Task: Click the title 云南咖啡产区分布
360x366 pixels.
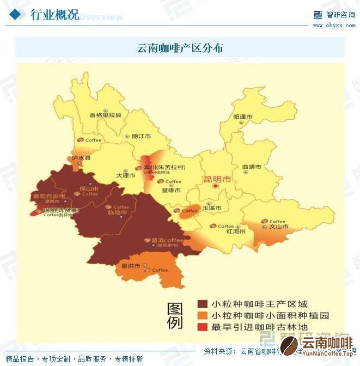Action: coord(180,48)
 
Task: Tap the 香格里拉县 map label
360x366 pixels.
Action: coord(105,115)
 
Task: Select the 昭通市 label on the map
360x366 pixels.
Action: coord(242,117)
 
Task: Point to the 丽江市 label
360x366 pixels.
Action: coord(141,136)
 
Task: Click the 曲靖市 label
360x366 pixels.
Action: coord(251,167)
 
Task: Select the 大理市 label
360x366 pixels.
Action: coord(125,175)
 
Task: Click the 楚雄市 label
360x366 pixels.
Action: coord(172,190)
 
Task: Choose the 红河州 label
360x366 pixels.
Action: coord(235,231)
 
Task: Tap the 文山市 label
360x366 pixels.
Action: coord(279,227)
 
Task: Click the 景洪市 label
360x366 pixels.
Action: coord(130,266)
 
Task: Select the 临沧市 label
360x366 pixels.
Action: coord(117,212)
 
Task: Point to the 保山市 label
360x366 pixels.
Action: coord(89,188)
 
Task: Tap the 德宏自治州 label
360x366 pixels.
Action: coord(49,196)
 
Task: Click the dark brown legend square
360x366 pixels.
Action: coord(202,304)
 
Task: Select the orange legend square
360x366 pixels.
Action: coord(202,316)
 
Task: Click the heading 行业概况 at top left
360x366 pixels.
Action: coord(54,15)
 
